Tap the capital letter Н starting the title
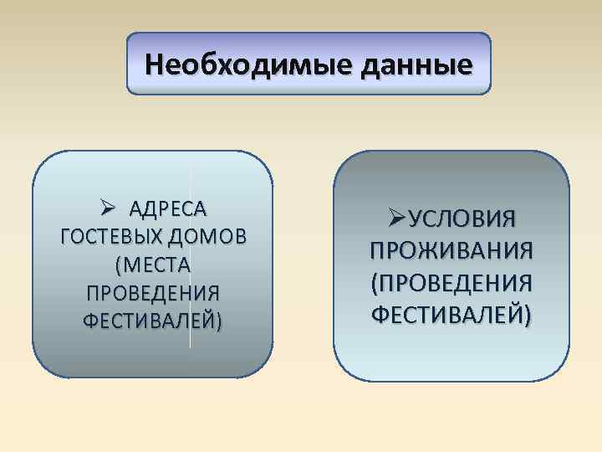tap(154, 64)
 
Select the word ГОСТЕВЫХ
tap(112, 236)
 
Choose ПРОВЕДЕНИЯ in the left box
tap(153, 293)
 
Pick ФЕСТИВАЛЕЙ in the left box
tap(150, 321)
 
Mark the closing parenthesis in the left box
tap(219, 321)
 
